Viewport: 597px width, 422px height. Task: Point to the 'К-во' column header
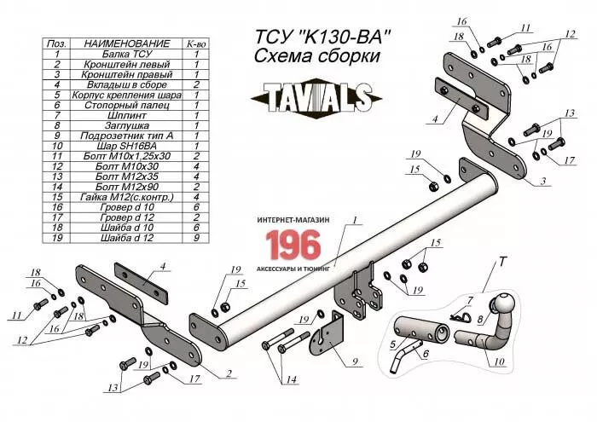pyautogui.click(x=196, y=43)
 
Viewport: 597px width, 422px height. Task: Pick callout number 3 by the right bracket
pyautogui.click(x=542, y=182)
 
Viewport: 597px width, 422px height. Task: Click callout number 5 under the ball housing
pyautogui.click(x=393, y=344)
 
